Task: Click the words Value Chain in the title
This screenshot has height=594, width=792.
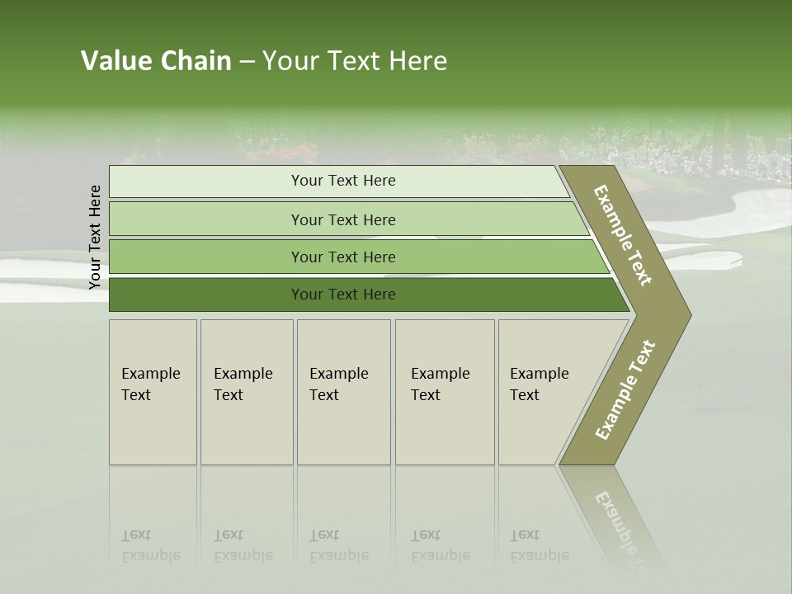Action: click(156, 61)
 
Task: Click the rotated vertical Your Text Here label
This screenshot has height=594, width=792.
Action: click(95, 237)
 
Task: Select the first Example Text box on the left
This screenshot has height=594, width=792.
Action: click(153, 392)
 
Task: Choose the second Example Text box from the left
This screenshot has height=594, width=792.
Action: click(246, 392)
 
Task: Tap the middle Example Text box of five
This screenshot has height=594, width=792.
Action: click(343, 392)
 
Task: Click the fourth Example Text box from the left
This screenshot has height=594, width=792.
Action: click(445, 392)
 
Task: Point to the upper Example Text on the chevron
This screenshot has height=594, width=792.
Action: click(623, 235)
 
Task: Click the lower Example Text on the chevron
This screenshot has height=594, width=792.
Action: click(625, 389)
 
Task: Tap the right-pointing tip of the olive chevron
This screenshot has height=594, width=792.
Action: click(686, 314)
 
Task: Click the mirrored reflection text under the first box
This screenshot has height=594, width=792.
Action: click(150, 545)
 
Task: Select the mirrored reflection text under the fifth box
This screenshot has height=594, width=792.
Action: click(539, 545)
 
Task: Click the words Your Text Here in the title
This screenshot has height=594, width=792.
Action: click(355, 61)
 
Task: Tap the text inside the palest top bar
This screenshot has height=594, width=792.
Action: click(343, 181)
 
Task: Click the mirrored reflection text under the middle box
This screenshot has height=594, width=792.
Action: click(338, 545)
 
